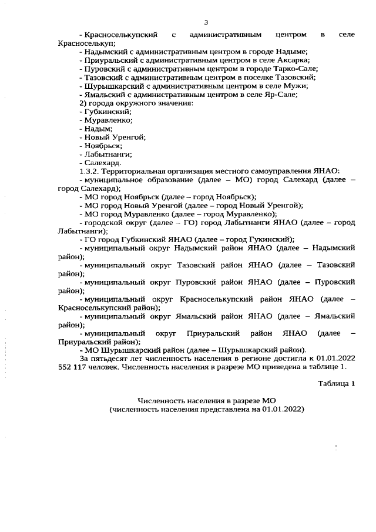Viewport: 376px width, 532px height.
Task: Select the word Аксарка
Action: pyautogui.click(x=293, y=60)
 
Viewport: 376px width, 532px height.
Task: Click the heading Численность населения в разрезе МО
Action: pyautogui.click(x=206, y=400)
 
